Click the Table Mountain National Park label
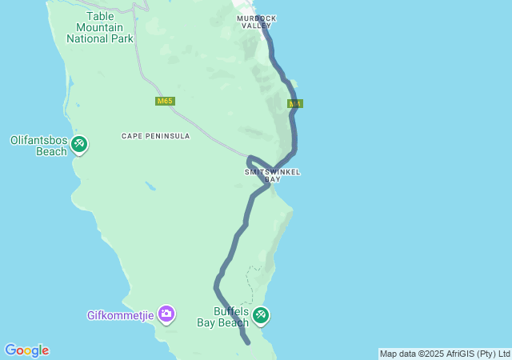[x=100, y=26]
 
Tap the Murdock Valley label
[x=257, y=22]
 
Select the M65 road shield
[x=165, y=101]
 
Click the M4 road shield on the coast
[x=296, y=104]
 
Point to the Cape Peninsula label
[x=156, y=136]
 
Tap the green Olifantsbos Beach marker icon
[x=79, y=144]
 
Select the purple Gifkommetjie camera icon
[x=166, y=313]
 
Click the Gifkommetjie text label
[x=120, y=314]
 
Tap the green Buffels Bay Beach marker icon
[x=261, y=316]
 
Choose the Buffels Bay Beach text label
[x=223, y=317]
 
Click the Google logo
[x=26, y=350]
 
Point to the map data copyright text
[x=445, y=354]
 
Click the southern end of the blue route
[x=248, y=342]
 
